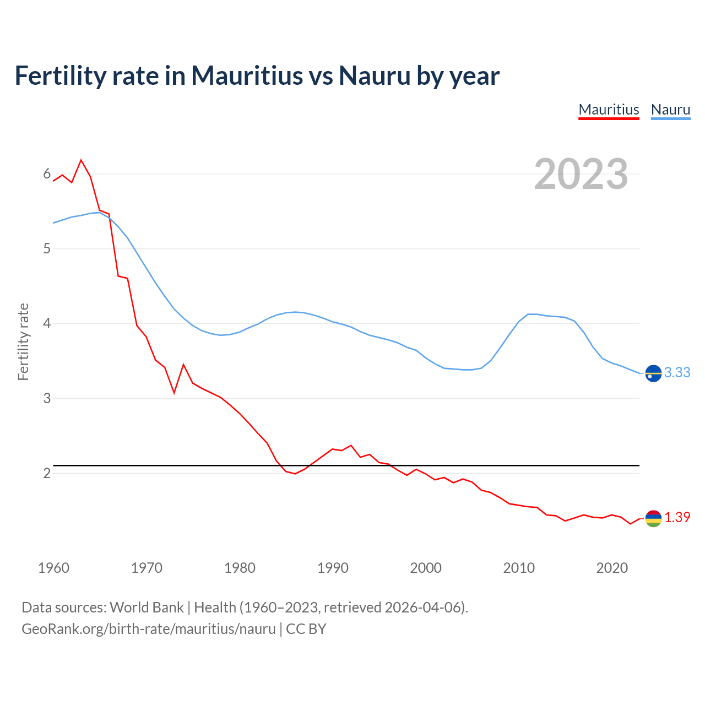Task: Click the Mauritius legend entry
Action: click(x=609, y=110)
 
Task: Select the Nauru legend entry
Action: click(x=670, y=110)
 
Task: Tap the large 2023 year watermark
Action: click(x=581, y=174)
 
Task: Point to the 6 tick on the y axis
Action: click(x=47, y=174)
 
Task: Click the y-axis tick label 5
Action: click(x=47, y=248)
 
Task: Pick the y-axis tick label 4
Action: click(x=47, y=323)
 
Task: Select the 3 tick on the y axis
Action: click(x=47, y=398)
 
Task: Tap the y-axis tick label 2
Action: click(x=47, y=473)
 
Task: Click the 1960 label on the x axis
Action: click(x=53, y=568)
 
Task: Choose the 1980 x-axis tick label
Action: click(x=240, y=568)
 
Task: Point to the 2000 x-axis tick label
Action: click(x=426, y=568)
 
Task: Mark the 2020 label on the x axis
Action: click(x=612, y=568)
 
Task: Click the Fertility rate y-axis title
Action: click(x=23, y=341)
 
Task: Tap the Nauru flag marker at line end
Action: click(x=653, y=373)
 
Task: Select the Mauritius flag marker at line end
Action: click(x=653, y=518)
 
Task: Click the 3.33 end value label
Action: click(x=677, y=373)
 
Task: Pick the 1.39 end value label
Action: click(x=677, y=518)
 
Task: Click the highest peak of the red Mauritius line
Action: click(x=82, y=160)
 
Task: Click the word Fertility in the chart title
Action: click(x=59, y=75)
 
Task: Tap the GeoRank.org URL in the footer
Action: click(x=149, y=629)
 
